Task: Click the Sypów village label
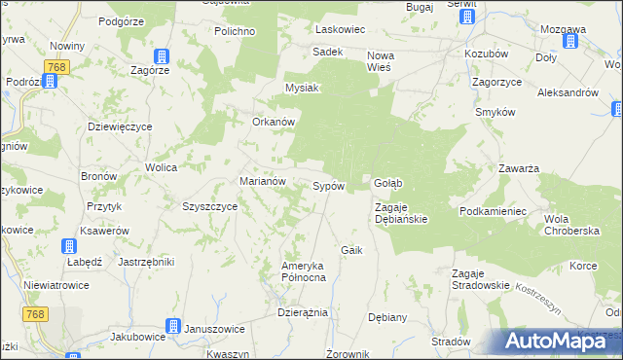(x=328, y=185)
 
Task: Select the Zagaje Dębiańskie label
(x=401, y=213)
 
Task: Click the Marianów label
(x=262, y=181)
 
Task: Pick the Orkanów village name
(x=274, y=122)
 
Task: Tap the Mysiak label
(x=302, y=88)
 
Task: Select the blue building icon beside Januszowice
(x=172, y=327)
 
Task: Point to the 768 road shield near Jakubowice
(x=36, y=313)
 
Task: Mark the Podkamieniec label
(x=494, y=211)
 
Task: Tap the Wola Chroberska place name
(x=571, y=223)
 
